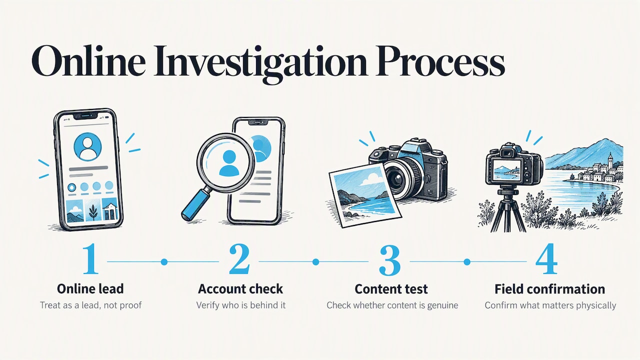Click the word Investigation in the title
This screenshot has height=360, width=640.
coord(260,63)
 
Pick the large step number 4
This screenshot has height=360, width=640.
coord(546,258)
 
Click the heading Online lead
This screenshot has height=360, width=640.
coord(90,289)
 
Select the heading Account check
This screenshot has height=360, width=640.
coord(240,289)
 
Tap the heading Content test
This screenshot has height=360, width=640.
coord(391,289)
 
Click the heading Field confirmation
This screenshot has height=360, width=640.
coord(549,289)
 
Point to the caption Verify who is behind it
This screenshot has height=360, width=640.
coord(241,305)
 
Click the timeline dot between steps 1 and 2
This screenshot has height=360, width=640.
coord(164,261)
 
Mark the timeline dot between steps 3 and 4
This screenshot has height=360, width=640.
coord(467,261)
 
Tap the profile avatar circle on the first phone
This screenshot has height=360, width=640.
coord(87,147)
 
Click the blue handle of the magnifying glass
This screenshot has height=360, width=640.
coord(195,205)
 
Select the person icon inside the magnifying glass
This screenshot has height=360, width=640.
coord(229,163)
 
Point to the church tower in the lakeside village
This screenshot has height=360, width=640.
coord(610,160)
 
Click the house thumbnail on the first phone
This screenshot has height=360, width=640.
coord(110,209)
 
